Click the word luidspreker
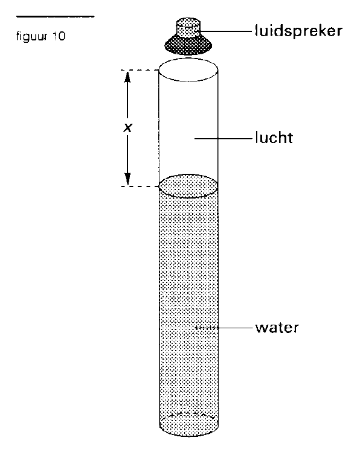[x=298, y=31]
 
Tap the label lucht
[x=274, y=138]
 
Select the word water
[x=277, y=328]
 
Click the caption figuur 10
[x=40, y=37]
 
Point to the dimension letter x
[x=127, y=127]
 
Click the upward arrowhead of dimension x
[x=127, y=77]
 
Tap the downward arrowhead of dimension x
[x=127, y=179]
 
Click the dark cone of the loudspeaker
[x=188, y=45]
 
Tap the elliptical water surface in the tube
[x=188, y=186]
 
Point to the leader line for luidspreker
[x=226, y=30]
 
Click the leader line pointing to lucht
[x=223, y=139]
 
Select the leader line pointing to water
[x=224, y=328]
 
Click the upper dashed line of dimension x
[x=140, y=70]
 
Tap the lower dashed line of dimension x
[x=140, y=186]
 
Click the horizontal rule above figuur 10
[x=55, y=17]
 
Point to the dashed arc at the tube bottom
[x=188, y=415]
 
